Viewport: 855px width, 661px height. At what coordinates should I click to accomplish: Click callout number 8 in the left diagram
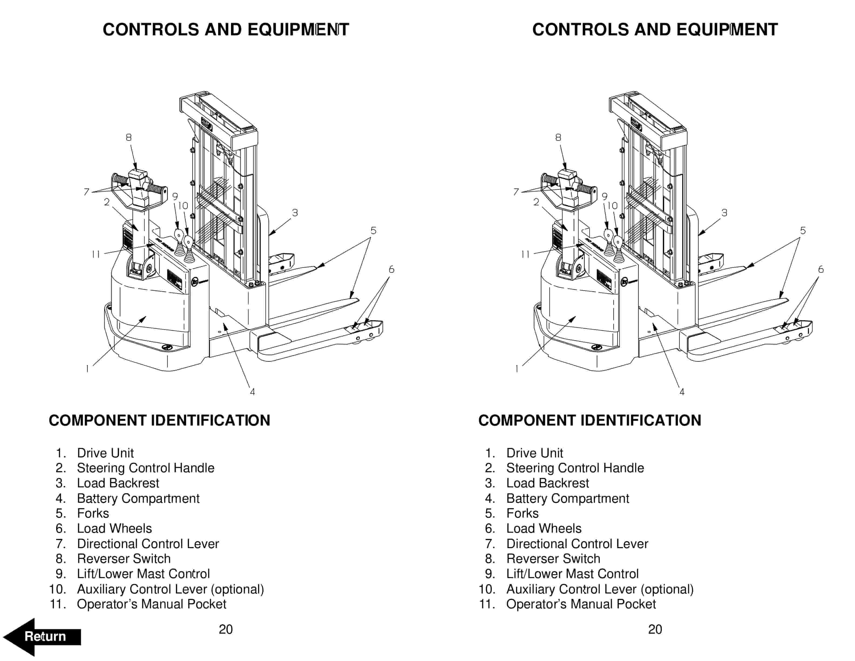(x=128, y=137)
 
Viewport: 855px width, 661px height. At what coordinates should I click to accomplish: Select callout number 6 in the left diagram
(x=391, y=269)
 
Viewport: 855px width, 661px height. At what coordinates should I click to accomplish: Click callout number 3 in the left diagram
(x=295, y=213)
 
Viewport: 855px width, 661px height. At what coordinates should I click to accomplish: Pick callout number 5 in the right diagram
(x=803, y=231)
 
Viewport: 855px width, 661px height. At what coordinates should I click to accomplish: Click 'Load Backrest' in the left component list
(x=118, y=483)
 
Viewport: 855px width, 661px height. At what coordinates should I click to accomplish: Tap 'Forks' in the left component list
(x=93, y=513)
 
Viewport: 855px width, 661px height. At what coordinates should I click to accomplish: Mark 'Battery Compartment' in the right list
(x=567, y=498)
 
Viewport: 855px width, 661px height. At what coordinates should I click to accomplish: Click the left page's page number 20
(x=226, y=629)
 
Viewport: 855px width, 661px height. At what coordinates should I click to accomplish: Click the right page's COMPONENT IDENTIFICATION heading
(x=590, y=421)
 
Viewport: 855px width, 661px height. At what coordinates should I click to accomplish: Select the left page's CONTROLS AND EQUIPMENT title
(x=226, y=30)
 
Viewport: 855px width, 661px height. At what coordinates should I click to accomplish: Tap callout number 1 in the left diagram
(x=87, y=369)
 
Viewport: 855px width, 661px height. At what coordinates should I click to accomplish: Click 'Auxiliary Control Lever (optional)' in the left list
(x=170, y=589)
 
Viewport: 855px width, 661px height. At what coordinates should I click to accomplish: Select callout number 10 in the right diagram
(x=612, y=205)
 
